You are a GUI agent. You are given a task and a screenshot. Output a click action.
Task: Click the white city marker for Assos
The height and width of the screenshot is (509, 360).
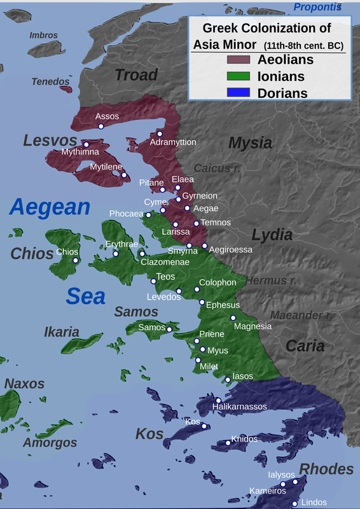coord(101,127)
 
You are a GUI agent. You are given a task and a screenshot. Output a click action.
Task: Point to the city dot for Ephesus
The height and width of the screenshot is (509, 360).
coord(202,302)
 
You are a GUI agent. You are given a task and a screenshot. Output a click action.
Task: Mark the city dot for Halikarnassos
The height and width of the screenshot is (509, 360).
coord(218,400)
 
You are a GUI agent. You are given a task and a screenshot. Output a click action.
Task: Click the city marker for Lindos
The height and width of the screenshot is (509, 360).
coord(294,503)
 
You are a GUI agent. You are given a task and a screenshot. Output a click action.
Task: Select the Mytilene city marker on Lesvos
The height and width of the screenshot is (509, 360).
coord(124,175)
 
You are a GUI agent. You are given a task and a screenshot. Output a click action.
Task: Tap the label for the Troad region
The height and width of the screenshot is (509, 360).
coord(136,74)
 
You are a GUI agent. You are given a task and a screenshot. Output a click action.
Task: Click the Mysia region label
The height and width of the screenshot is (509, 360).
coord(250,143)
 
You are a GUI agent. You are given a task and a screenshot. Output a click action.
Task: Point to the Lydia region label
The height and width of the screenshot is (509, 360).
coord(272,234)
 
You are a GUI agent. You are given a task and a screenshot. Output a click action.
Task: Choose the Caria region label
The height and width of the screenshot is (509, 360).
coord(305,346)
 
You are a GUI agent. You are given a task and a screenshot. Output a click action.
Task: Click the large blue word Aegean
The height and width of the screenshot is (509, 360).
coord(51,207)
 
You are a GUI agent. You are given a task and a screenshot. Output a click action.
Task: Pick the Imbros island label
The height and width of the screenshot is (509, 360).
coord(43,36)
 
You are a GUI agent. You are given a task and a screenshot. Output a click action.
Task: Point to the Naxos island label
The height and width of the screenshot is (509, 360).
coord(25,384)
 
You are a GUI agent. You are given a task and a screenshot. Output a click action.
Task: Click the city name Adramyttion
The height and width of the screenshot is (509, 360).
coord(173,142)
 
